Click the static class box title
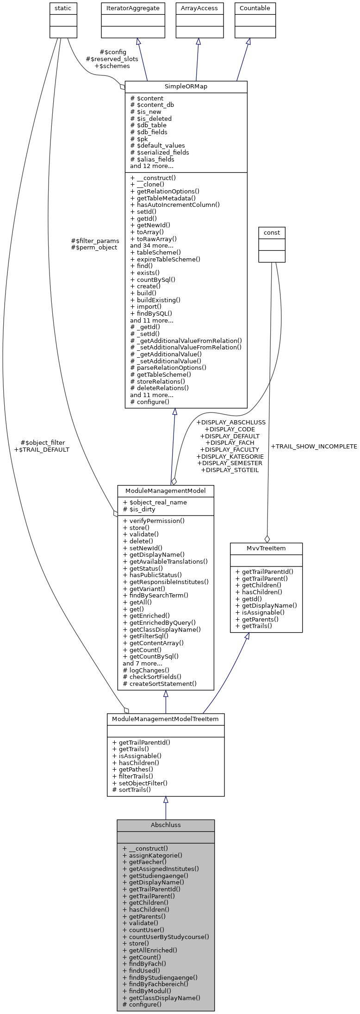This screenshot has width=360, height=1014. pos(63,8)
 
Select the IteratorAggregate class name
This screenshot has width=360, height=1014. pos(133,8)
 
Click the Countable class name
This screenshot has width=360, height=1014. pos(254,8)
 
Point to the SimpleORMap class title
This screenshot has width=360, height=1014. pos(186,87)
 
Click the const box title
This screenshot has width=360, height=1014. pos(272,232)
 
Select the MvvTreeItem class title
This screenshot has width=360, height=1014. pos(266,548)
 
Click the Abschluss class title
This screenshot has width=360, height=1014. pos(166,825)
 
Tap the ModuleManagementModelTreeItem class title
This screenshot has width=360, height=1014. pos(166,719)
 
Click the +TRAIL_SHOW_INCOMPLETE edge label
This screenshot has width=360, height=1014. pos(314,447)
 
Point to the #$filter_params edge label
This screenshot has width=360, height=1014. pos(95,241)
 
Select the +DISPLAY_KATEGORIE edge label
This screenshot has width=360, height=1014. pos(230,456)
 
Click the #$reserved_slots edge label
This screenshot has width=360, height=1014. pos(112,59)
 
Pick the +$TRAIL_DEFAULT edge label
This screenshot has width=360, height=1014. pos(42,449)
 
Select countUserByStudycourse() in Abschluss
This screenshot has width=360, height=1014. pos(166,937)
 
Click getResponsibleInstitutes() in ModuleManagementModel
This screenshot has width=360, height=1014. pos(166,582)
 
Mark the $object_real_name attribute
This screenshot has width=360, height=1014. pos(155,502)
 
